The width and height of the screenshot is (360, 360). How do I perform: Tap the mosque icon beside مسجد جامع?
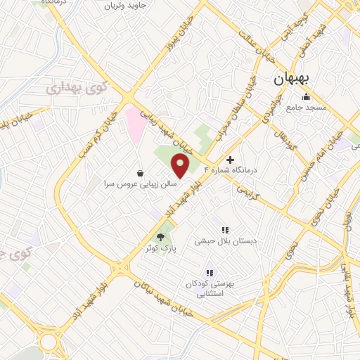click(x=305, y=97)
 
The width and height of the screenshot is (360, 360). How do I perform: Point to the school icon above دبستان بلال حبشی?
click(x=225, y=230)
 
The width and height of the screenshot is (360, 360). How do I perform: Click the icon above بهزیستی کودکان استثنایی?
click(x=209, y=273)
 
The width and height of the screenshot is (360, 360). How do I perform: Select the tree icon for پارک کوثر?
click(x=160, y=238)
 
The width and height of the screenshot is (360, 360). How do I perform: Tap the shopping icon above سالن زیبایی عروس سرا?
click(x=141, y=173)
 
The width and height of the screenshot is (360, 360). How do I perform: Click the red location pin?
click(x=181, y=166)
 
